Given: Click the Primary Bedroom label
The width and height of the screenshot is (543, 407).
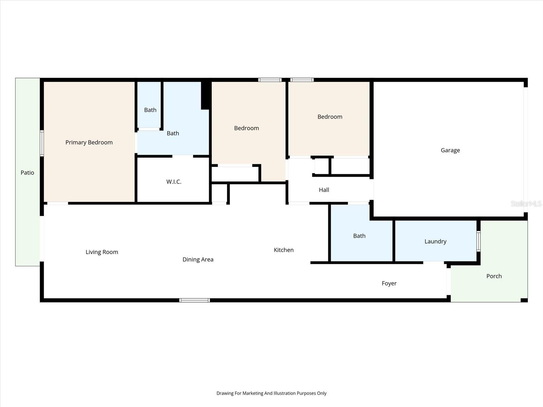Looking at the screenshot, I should (89, 142).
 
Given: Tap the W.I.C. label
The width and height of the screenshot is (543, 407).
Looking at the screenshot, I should (174, 182).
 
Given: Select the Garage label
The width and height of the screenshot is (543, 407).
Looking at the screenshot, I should (450, 150).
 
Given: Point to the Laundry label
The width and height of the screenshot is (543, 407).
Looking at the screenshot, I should (435, 241).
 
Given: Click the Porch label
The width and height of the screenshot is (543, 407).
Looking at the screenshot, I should (494, 276).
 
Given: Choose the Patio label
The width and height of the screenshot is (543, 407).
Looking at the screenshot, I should (27, 173).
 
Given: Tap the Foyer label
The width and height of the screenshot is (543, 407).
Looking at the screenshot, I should (389, 283).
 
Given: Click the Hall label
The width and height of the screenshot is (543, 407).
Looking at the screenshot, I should (324, 190).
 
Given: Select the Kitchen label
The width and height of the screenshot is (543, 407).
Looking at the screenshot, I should (283, 250).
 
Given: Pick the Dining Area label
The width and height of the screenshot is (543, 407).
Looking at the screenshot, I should (198, 259).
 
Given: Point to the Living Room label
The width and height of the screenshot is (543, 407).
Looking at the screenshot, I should (102, 252).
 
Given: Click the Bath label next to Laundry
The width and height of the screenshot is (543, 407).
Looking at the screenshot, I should (359, 236).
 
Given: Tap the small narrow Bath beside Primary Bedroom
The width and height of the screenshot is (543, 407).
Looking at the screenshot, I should (150, 110).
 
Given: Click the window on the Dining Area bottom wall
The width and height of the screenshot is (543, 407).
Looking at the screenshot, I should (194, 300).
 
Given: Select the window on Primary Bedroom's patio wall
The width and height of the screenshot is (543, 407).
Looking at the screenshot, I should (42, 143).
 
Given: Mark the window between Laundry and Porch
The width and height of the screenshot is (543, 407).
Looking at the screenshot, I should (478, 241).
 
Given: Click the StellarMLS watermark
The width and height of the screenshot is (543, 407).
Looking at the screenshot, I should (526, 203).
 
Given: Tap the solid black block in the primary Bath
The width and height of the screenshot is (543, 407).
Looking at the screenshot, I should (205, 95).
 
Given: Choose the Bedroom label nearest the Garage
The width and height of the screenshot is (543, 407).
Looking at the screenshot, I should (330, 117).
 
